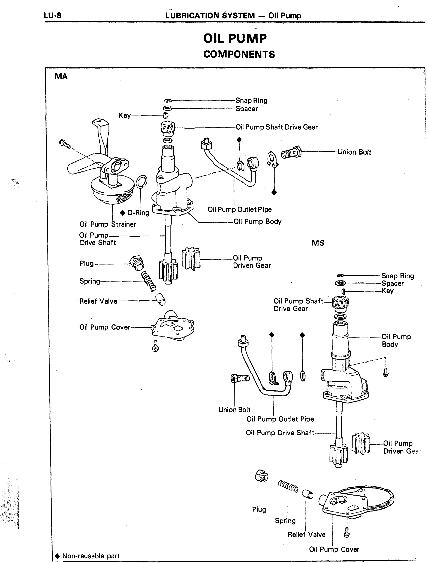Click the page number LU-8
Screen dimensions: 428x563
point(53,15)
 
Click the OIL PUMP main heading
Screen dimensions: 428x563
point(235,38)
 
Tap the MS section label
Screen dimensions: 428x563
point(318,243)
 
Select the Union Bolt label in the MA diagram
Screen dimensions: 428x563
point(354,152)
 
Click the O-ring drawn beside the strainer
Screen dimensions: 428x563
point(142,181)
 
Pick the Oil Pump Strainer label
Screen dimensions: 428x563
point(108,224)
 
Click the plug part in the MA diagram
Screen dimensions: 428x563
point(136,263)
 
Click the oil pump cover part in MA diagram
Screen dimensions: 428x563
point(173,326)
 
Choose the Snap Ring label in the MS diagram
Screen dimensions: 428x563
point(398,276)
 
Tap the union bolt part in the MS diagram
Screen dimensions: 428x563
point(240,378)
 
